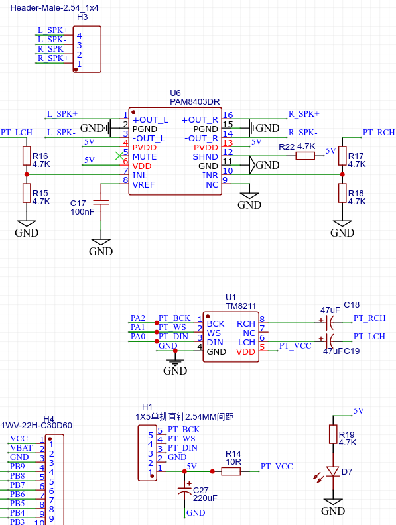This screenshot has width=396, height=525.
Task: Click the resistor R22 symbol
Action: click(305, 156)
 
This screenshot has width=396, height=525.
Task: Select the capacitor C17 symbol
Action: click(101, 202)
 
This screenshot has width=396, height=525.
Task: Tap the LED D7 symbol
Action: click(333, 471)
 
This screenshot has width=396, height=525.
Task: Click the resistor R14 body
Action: click(231, 471)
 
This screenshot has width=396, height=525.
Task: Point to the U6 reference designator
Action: click(175, 93)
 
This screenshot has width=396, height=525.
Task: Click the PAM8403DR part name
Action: click(194, 102)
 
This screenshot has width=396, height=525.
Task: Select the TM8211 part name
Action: click(241, 306)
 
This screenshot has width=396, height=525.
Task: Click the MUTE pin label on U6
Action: click(145, 156)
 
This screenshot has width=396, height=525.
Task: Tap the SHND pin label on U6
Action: click(206, 156)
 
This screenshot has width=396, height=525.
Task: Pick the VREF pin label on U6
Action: click(143, 184)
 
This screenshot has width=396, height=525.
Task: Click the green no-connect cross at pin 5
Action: click(119, 156)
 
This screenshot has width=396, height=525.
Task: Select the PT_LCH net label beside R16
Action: click(17, 133)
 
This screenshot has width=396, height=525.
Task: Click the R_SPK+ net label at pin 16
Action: click(304, 114)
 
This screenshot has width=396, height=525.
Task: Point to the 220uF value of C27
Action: click(205, 498)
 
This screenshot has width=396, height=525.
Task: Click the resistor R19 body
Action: click(333, 434)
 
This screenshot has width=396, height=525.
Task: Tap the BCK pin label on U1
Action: click(216, 323)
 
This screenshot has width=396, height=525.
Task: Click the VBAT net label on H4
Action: click(21, 447)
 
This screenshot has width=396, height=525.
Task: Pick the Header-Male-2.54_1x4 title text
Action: click(54, 8)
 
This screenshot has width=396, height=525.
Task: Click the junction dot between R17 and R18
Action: click(342, 174)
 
